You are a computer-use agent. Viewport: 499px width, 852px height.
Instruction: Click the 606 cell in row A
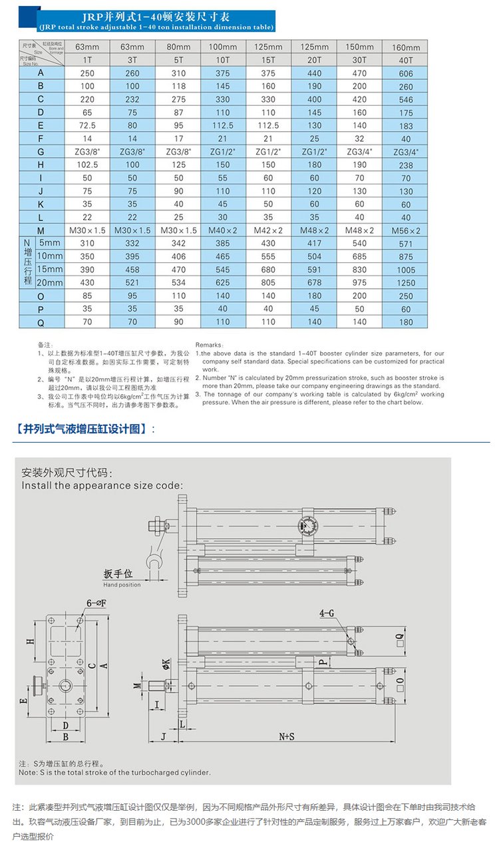406,73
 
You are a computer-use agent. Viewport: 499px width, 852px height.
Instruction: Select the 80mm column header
178,47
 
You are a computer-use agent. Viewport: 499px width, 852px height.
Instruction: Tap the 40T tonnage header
406,60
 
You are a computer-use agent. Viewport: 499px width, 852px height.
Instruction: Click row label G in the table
41,152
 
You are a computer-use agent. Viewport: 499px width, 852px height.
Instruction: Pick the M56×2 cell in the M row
406,230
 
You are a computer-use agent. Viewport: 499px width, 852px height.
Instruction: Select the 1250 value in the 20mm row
406,283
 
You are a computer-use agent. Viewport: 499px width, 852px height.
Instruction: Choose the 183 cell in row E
406,126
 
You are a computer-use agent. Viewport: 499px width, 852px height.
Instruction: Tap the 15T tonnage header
268,60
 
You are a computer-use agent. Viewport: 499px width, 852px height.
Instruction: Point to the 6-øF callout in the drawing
96,602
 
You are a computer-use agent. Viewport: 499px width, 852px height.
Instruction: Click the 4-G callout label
327,614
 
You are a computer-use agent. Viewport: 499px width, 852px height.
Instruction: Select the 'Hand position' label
122,584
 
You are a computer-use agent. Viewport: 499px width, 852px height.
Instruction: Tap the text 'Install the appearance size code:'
102,485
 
